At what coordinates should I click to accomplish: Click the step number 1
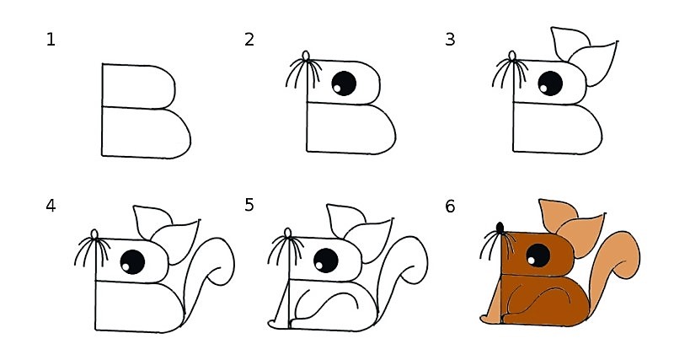[51, 39]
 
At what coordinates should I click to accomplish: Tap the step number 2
[249, 39]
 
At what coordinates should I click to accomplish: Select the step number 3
[450, 39]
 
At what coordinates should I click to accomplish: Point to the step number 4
[51, 205]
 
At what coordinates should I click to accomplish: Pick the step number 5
[249, 205]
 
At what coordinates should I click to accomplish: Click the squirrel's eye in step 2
[344, 83]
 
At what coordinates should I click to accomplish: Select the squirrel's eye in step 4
[132, 262]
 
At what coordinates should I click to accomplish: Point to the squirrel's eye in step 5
[326, 261]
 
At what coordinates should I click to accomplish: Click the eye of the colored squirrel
[538, 256]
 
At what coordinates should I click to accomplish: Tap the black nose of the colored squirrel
[500, 228]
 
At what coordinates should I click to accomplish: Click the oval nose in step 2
[307, 57]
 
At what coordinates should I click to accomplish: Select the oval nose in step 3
[512, 57]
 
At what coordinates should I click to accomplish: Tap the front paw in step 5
[275, 321]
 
